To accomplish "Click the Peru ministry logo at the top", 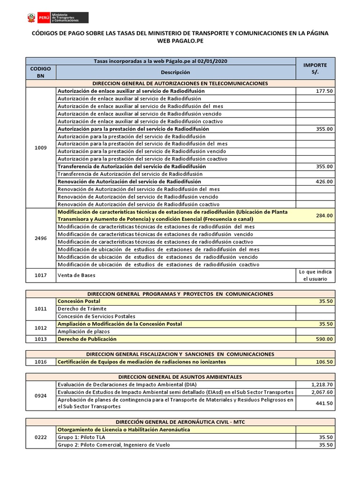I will [56, 17].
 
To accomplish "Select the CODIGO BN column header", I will [40, 72].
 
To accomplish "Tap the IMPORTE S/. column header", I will [315, 68].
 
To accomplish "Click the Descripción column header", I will [175, 72].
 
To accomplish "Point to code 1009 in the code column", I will [40, 148].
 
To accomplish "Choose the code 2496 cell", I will [40, 238].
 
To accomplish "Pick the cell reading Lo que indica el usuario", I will [315, 276].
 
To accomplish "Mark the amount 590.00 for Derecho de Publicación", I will [324, 339].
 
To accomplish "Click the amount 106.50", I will [324, 362].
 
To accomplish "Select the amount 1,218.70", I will [322, 384].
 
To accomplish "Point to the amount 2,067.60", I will [322, 392].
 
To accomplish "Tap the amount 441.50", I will [324, 403].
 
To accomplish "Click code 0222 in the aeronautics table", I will [40, 437].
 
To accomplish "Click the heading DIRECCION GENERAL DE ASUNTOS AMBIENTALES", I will [180, 377].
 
